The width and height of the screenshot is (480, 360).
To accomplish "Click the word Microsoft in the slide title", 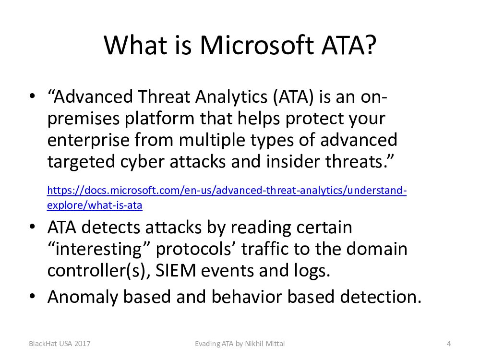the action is pos(257,45).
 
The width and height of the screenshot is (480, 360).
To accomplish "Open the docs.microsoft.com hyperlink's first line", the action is pos(227,191).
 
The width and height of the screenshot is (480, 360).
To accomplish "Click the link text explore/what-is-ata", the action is pos(95,205).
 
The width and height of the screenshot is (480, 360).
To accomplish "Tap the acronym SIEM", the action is pos(175,271).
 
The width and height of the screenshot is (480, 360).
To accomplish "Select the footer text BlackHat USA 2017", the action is pos(60,344).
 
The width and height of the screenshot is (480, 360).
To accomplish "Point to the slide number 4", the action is pos(449,344).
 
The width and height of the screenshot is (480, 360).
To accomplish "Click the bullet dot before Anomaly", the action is pos(33,296).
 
